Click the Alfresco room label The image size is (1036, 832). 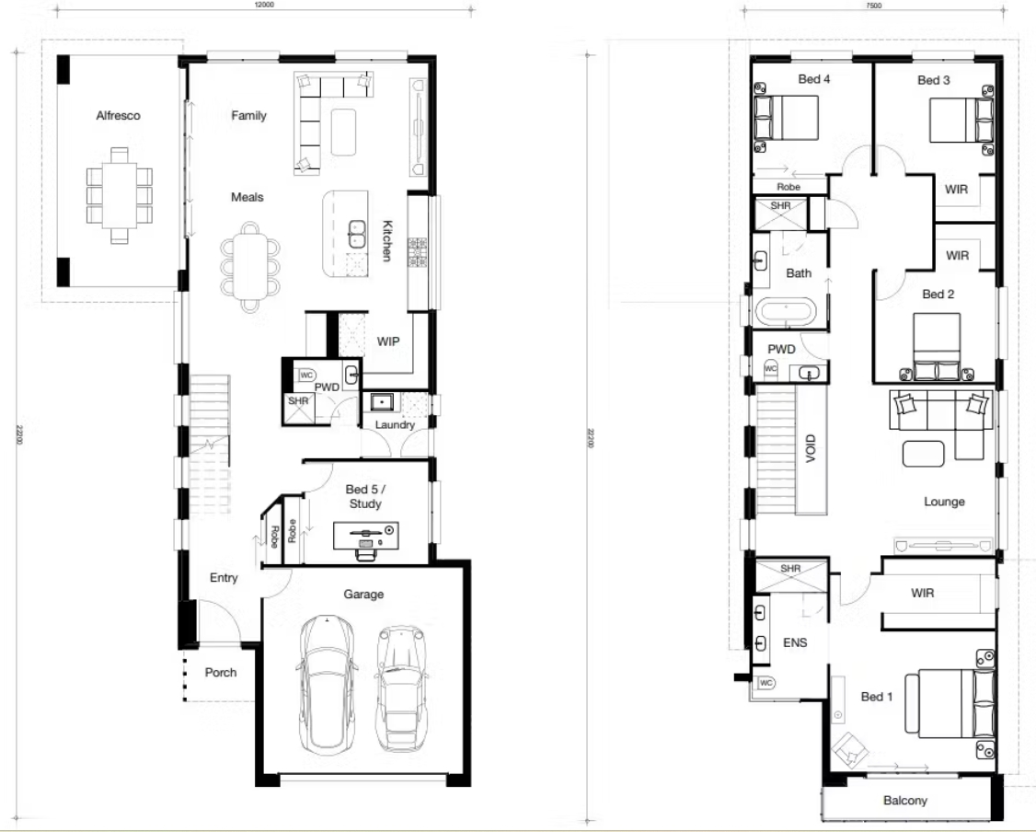coord(118,116)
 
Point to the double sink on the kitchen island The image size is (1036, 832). coord(356,235)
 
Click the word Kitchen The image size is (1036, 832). coord(388,241)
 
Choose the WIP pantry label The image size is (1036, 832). coord(388,341)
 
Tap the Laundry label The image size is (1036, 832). coord(395,425)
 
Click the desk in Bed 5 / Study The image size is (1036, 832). coord(365,532)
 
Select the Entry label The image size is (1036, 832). coord(224,578)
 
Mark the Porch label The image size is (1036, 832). coord(220,673)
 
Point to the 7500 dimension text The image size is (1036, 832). coord(873,5)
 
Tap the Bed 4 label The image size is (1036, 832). coord(814,80)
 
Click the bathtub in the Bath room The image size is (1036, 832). coord(785,311)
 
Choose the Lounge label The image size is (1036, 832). coord(944,502)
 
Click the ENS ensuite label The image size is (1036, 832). coord(794,642)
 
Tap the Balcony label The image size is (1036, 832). coord(905,801)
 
